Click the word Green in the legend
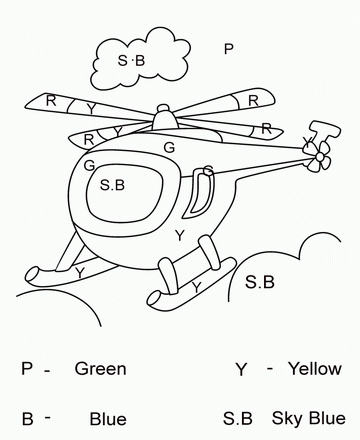tap(100, 369)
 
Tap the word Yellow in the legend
tap(314, 369)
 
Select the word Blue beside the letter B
tap(108, 418)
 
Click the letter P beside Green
tap(27, 369)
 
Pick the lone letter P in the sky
tap(228, 48)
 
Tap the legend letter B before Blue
tap(27, 417)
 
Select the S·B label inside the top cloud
tap(132, 61)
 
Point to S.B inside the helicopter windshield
tap(113, 185)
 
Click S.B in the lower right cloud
tap(259, 282)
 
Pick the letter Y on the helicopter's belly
tap(179, 235)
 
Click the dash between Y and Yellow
tap(270, 369)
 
